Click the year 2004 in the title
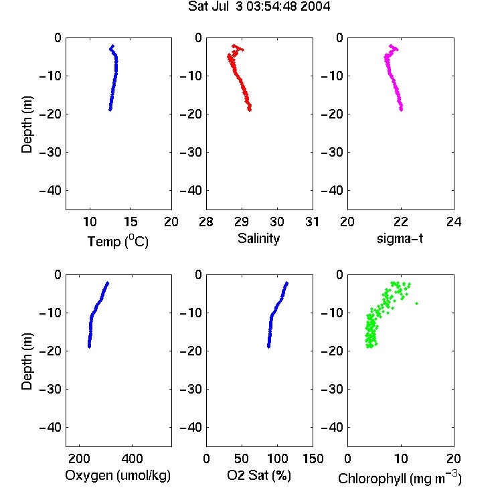pyautogui.click(x=315, y=7)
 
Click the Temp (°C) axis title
pyautogui.click(x=118, y=241)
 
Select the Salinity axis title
pyautogui.click(x=258, y=238)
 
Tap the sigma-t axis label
pyautogui.click(x=400, y=238)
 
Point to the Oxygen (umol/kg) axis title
pyautogui.click(x=118, y=475)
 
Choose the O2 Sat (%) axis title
pyautogui.click(x=259, y=475)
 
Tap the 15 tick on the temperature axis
pyautogui.click(x=131, y=222)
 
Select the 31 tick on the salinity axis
pyautogui.click(x=312, y=222)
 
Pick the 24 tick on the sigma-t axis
pyautogui.click(x=454, y=222)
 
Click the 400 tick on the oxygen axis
pyautogui.click(x=132, y=458)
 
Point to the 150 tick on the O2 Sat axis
pyautogui.click(x=313, y=458)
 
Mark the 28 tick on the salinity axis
pyautogui.click(x=206, y=222)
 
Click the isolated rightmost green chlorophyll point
pyautogui.click(x=416, y=303)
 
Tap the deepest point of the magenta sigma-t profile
pyautogui.click(x=401, y=110)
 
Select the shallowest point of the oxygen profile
pyautogui.click(x=108, y=283)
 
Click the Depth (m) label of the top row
pyautogui.click(x=27, y=124)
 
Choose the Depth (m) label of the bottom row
pyautogui.click(x=27, y=361)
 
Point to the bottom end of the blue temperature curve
pyautogui.click(x=110, y=110)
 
